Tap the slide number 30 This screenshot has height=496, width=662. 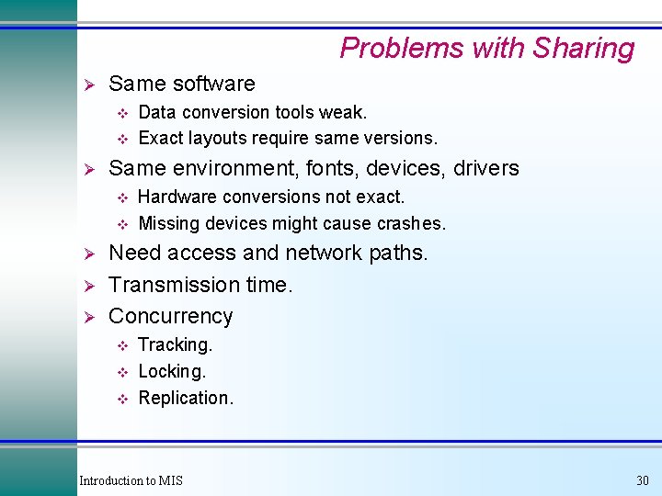pyautogui.click(x=642, y=480)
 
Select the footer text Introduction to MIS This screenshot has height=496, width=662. pyautogui.click(x=131, y=480)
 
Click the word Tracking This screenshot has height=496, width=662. pyautogui.click(x=175, y=344)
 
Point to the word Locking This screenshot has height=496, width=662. pyautogui.click(x=172, y=371)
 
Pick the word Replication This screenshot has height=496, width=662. pyautogui.click(x=186, y=398)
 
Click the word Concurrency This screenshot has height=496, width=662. pyautogui.click(x=170, y=316)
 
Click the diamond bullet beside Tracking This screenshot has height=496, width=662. pyautogui.click(x=120, y=345)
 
